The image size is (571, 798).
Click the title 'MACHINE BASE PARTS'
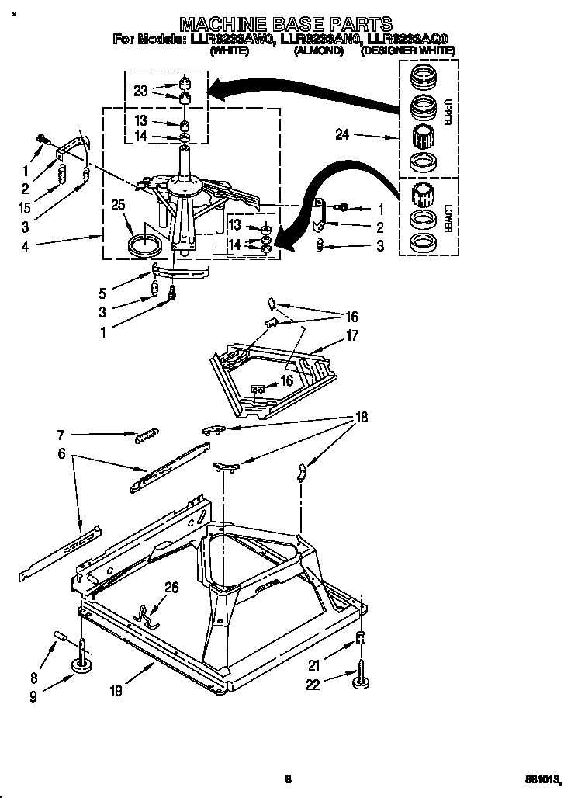285,25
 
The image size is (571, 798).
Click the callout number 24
343,134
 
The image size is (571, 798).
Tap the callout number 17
351,337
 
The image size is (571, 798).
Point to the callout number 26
171,588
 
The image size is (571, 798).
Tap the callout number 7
61,435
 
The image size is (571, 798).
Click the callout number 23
140,91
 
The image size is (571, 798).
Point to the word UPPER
448,111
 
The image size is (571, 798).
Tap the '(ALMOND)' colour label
318,50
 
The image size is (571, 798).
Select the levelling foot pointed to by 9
81,666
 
